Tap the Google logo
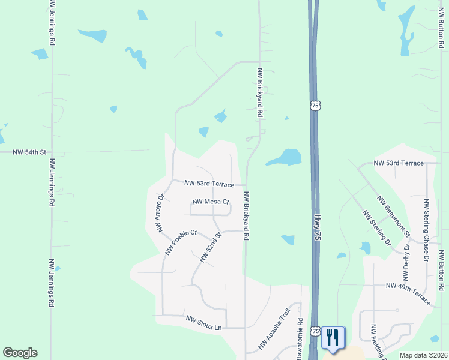20,353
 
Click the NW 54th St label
29,152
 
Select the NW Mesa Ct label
211,202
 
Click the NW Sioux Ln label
203,323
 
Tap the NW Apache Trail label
274,329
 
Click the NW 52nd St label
211,248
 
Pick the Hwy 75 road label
315,226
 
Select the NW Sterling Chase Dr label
426,230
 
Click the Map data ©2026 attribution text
424,355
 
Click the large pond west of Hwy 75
285,157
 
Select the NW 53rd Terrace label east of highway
399,163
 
